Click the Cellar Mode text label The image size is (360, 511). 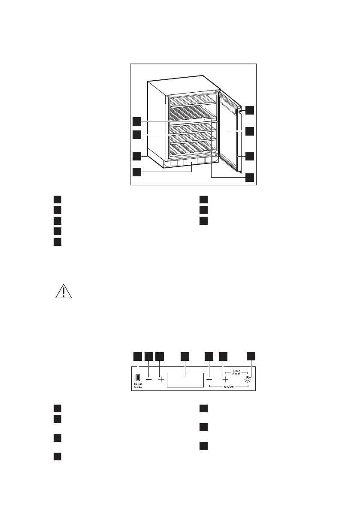pyautogui.click(x=137, y=385)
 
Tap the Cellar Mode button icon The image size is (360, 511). pyautogui.click(x=137, y=378)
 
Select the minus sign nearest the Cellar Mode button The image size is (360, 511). pyautogui.click(x=148, y=379)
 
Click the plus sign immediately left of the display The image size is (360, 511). pyautogui.click(x=161, y=379)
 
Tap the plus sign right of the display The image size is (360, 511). pyautogui.click(x=224, y=379)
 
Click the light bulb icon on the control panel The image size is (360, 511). pyautogui.click(x=248, y=379)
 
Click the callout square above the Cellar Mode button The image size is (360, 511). pyautogui.click(x=137, y=356)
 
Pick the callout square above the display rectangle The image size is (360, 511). pyautogui.click(x=185, y=356)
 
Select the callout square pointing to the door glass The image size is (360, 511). pyautogui.click(x=250, y=131)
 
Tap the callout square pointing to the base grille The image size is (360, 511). pyautogui.click(x=136, y=172)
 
